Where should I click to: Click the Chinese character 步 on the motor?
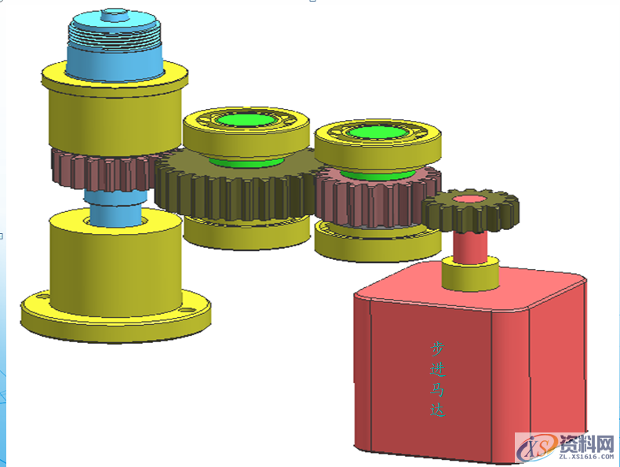(437, 348)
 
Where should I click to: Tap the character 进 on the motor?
(437, 369)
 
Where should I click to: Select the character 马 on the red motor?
(437, 389)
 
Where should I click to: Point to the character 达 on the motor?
(438, 409)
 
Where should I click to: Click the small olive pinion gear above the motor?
(470, 213)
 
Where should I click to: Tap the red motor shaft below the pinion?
(470, 247)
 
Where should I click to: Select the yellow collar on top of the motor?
(470, 274)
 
